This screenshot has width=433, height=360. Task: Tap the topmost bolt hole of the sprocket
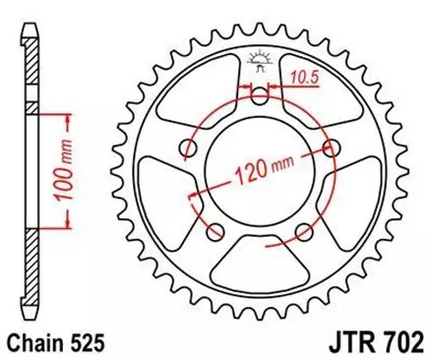[x=259, y=95]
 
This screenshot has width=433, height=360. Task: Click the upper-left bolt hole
[x=187, y=148]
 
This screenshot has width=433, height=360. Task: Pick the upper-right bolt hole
[x=332, y=148]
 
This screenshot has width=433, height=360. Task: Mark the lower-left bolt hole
[x=215, y=232]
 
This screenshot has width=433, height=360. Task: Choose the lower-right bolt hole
[x=304, y=232]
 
